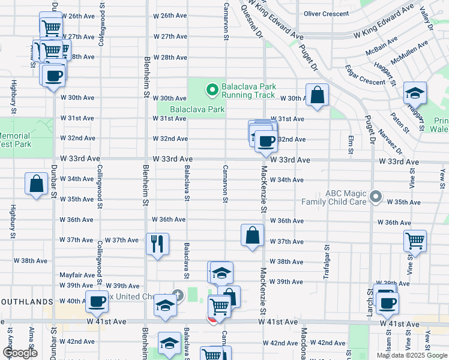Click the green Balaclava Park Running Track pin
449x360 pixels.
tap(211, 91)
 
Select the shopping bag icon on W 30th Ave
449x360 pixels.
tap(317, 95)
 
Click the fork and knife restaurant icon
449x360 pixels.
tap(157, 243)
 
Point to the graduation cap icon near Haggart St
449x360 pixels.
tap(415, 93)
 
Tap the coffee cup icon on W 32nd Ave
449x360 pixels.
tap(266, 142)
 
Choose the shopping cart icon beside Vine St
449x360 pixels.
tap(415, 241)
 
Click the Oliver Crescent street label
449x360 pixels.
tap(326, 13)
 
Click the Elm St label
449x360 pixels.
tap(351, 143)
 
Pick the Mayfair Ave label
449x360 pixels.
tap(77, 275)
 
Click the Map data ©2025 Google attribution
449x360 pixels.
tap(412, 355)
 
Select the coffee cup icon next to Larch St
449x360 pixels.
tap(387, 303)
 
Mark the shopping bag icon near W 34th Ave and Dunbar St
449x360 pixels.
tap(36, 184)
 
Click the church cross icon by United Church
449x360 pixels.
tap(177, 295)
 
